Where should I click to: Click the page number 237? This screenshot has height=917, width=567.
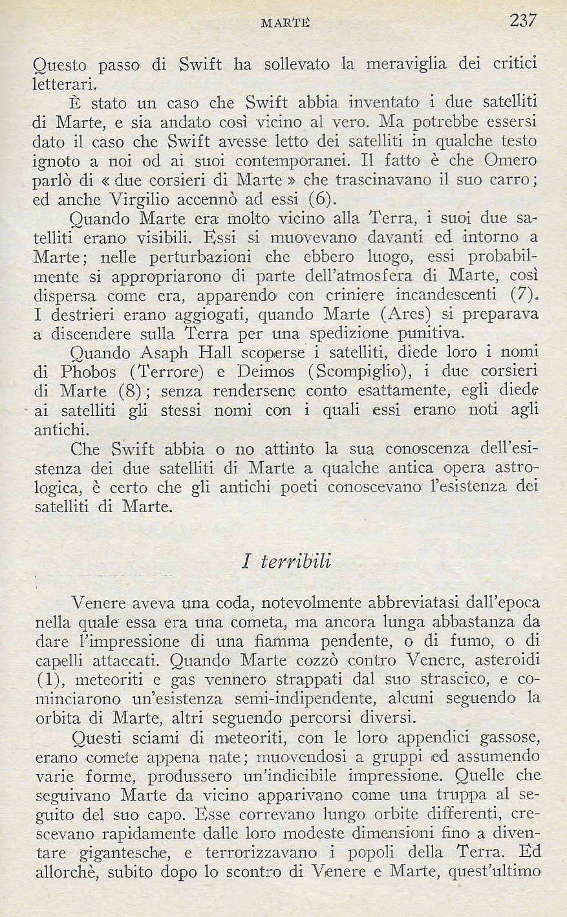(523, 21)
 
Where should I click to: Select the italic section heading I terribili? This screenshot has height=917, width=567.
(286, 560)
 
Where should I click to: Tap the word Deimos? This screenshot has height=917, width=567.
(265, 372)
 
